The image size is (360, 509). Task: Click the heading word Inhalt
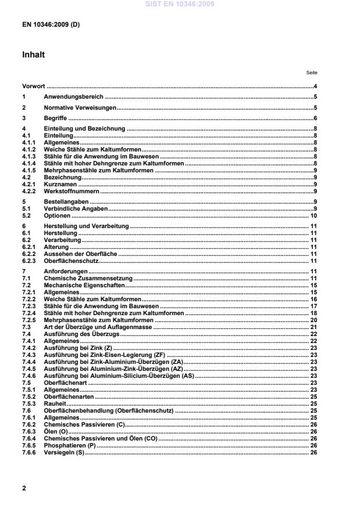pyautogui.click(x=33, y=55)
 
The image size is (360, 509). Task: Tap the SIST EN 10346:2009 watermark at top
pyautogui.click(x=179, y=4)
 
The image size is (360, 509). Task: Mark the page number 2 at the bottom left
pyautogui.click(x=24, y=488)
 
